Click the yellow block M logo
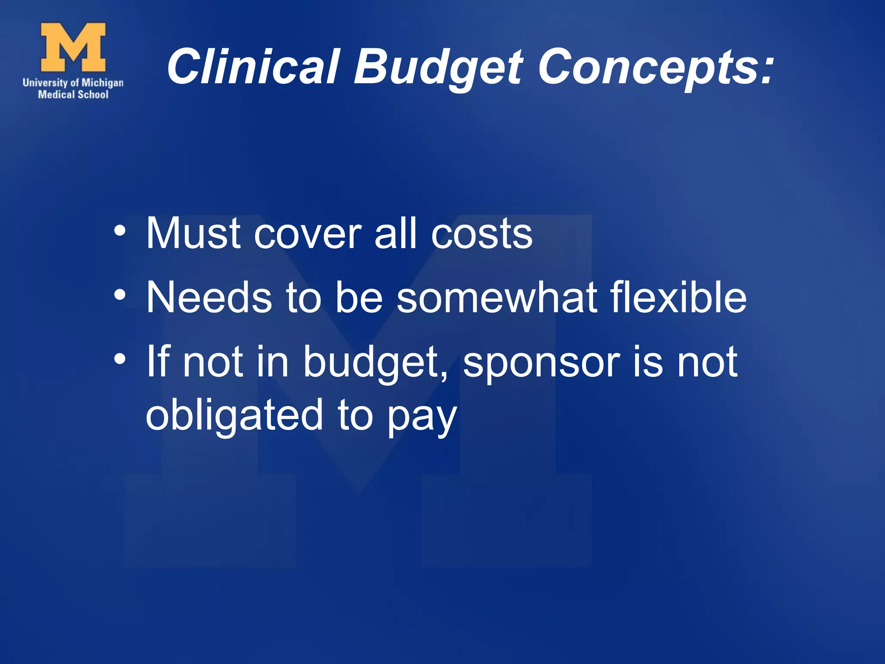[x=73, y=47]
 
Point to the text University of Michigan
[x=73, y=83]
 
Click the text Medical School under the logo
[x=73, y=95]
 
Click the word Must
[x=193, y=233]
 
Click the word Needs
[x=209, y=298]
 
